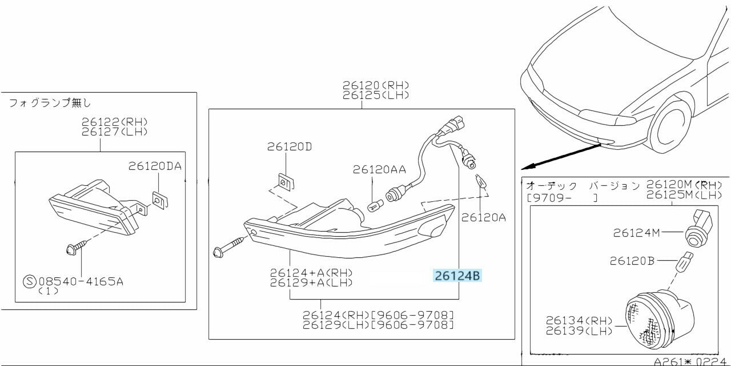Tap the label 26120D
(290, 147)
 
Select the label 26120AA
(379, 169)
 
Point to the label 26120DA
(155, 166)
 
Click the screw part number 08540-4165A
(80, 281)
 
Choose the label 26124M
(637, 233)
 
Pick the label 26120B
(632, 261)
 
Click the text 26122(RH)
(114, 121)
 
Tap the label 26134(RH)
(579, 321)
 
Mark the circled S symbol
(29, 281)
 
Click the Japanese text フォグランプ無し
(50, 103)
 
